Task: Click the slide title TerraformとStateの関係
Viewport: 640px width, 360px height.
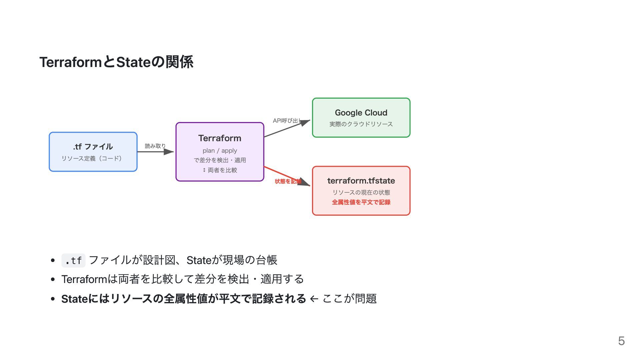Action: click(116, 62)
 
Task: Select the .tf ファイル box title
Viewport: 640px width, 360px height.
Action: click(93, 147)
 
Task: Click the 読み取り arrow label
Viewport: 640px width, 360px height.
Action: click(155, 146)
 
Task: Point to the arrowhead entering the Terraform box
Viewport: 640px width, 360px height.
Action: click(169, 152)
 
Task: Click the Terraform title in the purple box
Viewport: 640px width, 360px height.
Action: click(220, 138)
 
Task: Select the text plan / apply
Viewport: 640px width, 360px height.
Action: click(220, 151)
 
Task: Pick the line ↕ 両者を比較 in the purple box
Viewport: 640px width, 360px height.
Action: click(220, 170)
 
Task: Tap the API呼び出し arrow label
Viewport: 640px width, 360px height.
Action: click(287, 121)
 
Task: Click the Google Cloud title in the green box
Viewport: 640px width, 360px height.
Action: click(361, 113)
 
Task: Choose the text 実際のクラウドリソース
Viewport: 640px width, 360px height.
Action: click(361, 124)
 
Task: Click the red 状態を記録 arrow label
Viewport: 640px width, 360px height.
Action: click(288, 181)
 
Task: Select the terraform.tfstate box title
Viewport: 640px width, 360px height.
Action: click(361, 181)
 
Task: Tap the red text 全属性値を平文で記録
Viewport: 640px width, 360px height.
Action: click(361, 202)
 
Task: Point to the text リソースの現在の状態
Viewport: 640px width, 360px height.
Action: click(361, 192)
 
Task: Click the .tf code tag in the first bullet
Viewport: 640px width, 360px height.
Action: click(73, 260)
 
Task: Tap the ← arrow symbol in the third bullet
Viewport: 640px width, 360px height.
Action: click(314, 299)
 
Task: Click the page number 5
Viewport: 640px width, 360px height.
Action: click(621, 341)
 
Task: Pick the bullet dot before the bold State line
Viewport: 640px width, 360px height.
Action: click(53, 299)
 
